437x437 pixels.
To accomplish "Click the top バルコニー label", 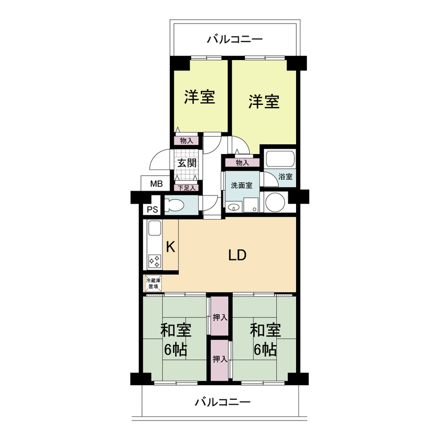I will pos(235,39).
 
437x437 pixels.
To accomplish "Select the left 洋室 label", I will pos(199,97).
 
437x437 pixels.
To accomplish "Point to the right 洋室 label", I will pos(264,101).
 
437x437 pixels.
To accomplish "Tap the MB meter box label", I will pos(156,184).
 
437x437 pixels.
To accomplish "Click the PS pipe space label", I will pos(151,209).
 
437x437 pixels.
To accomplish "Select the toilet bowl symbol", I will pos(175,206).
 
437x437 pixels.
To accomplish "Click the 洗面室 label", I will pos(241,185).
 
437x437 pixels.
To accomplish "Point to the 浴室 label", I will pos(285,177).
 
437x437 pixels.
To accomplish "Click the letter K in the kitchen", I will pos(170,247).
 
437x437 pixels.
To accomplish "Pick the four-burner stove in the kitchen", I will pos(154,261).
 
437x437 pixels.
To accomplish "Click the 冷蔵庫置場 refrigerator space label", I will pos(153,283).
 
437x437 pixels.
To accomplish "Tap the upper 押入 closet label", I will pos(220,317).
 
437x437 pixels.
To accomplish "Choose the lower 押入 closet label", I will pos(220,359).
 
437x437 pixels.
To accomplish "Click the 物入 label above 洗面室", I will pos(243,162).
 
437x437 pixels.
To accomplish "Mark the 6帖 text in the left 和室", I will pos(175,350).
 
